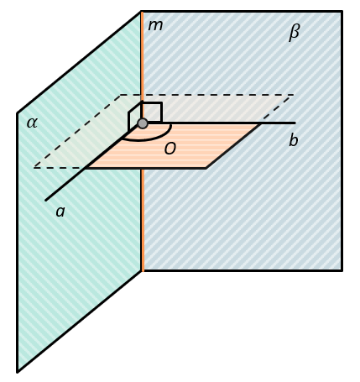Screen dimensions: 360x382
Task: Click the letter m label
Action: (x=155, y=25)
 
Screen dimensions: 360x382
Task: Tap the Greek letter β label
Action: (x=294, y=32)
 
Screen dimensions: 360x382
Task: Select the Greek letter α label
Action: (x=32, y=123)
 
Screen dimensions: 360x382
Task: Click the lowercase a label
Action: (x=60, y=212)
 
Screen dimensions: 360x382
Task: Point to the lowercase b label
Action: (x=294, y=139)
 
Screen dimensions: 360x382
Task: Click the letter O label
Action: (x=170, y=149)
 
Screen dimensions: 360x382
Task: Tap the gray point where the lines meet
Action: (x=143, y=123)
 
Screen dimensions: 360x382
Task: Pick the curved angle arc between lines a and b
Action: (x=151, y=139)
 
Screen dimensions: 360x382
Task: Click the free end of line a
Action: (x=45, y=201)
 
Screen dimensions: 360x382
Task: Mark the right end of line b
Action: (x=295, y=123)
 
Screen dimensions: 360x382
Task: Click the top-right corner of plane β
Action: (x=342, y=12)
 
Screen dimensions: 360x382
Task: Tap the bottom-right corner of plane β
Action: (x=342, y=270)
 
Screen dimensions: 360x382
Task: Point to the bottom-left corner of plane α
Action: (x=18, y=372)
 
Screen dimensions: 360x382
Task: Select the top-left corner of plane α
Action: (x=18, y=113)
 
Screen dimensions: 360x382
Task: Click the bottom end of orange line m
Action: (x=143, y=271)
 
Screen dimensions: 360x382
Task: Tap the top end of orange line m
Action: (x=142, y=12)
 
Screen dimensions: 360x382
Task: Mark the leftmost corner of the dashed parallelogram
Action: (x=34, y=168)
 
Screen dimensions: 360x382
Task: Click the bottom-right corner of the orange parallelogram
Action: (x=206, y=168)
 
